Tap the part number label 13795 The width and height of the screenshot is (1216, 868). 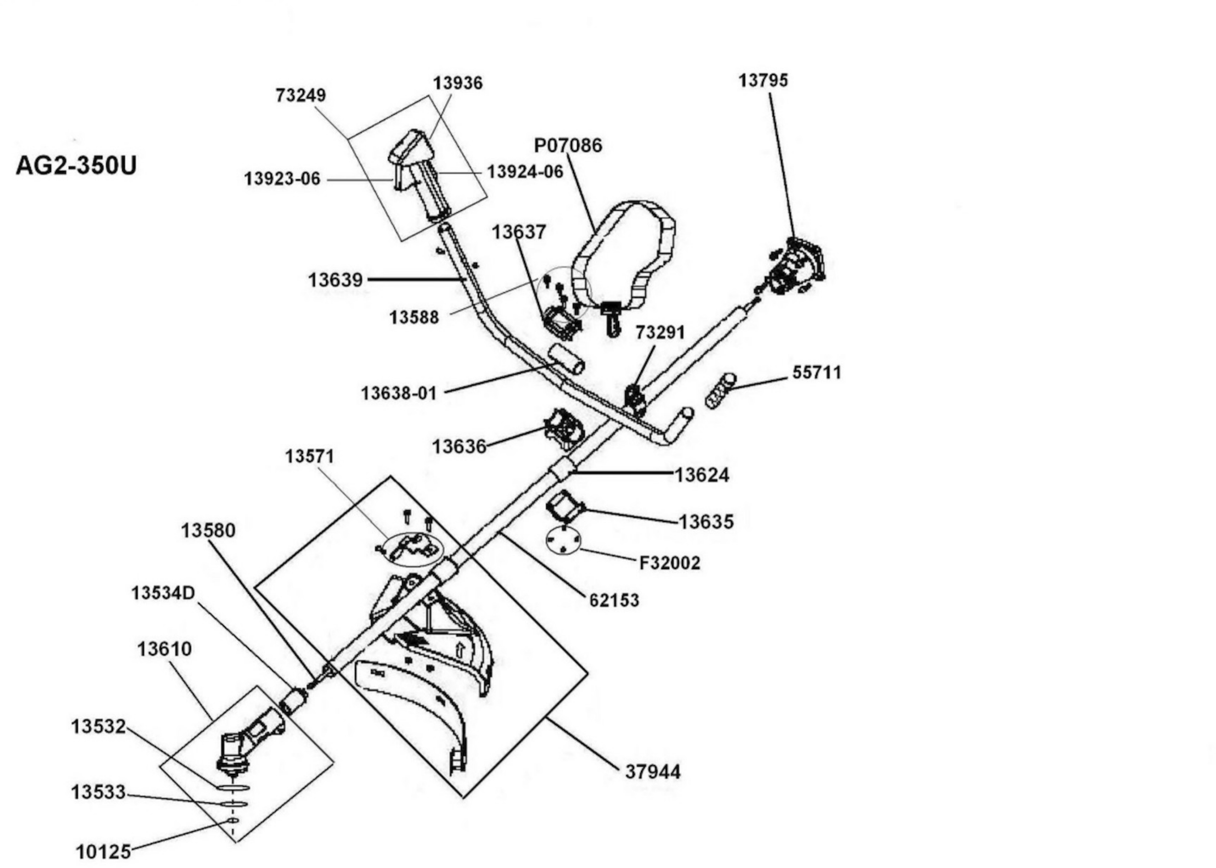tap(763, 81)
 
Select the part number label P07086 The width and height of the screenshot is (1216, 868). tap(568, 145)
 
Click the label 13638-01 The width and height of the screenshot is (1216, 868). tap(399, 393)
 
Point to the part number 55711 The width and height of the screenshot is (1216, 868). tap(816, 372)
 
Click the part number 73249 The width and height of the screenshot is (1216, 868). tap(301, 95)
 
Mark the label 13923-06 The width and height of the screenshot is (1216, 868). tap(282, 178)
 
